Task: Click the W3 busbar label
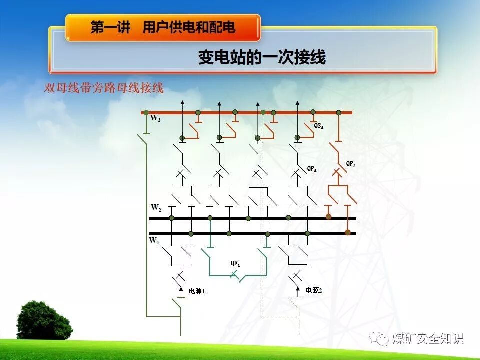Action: pyautogui.click(x=155, y=119)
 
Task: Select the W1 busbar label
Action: pyautogui.click(x=154, y=241)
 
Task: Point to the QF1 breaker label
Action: pyautogui.click(x=235, y=263)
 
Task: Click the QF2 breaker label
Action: pyautogui.click(x=351, y=164)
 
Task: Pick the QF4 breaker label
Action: pyautogui.click(x=312, y=169)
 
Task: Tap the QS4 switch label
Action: pyautogui.click(x=319, y=126)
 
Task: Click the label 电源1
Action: pyautogui.click(x=197, y=291)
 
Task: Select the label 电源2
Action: pyautogui.click(x=313, y=290)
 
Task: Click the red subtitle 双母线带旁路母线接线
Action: pyautogui.click(x=104, y=89)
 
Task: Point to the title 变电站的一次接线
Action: pyautogui.click(x=262, y=58)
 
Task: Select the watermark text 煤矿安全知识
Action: pyautogui.click(x=428, y=338)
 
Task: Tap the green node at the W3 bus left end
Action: pyautogui.click(x=146, y=113)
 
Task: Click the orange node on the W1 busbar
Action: pyautogui.click(x=348, y=232)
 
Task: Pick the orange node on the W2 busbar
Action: pyautogui.click(x=328, y=217)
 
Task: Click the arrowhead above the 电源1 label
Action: pyautogui.click(x=181, y=289)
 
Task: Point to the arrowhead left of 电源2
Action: pyautogui.click(x=298, y=289)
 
